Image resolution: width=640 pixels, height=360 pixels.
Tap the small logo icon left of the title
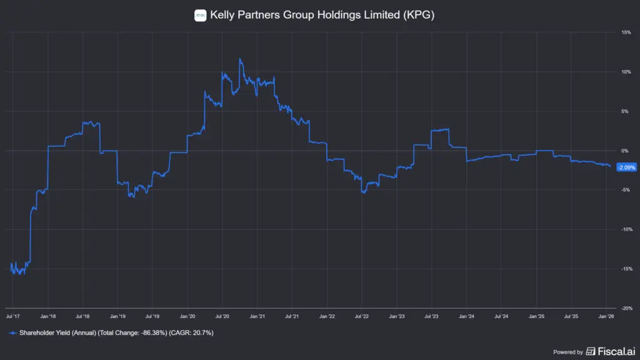click(x=201, y=15)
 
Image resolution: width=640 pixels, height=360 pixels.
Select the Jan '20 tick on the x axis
click(x=188, y=317)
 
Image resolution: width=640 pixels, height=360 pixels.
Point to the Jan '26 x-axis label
click(x=606, y=317)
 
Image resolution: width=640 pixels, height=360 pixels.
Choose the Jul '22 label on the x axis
click(x=362, y=317)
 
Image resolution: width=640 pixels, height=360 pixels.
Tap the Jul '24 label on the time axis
click(x=501, y=317)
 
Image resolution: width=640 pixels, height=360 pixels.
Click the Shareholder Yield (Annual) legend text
click(x=56, y=333)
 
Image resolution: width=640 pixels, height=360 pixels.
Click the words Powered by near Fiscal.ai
click(x=568, y=352)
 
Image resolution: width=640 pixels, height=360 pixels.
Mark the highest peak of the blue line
click(x=240, y=59)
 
